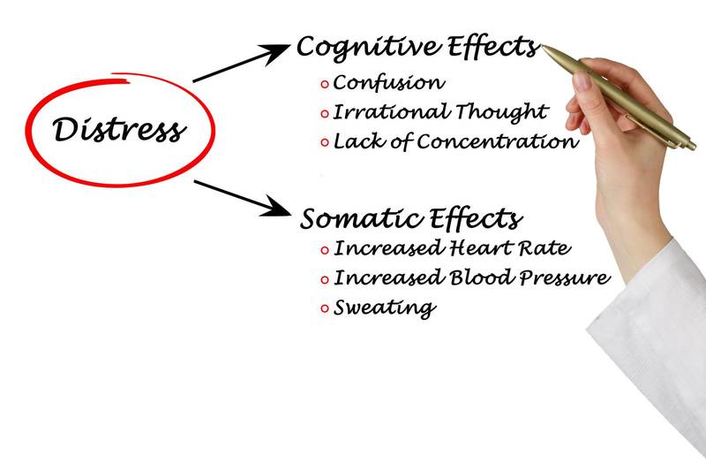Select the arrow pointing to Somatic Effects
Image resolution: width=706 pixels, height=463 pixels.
pyautogui.click(x=241, y=197)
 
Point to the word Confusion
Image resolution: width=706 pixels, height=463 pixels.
pyautogui.click(x=389, y=84)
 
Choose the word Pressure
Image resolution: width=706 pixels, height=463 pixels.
pyautogui.click(x=560, y=278)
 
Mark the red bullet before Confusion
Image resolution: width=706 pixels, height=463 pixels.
pyautogui.click(x=325, y=85)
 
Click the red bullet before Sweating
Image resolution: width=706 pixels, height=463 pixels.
pyautogui.click(x=325, y=308)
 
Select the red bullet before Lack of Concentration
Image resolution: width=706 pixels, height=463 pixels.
pyautogui.click(x=325, y=142)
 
